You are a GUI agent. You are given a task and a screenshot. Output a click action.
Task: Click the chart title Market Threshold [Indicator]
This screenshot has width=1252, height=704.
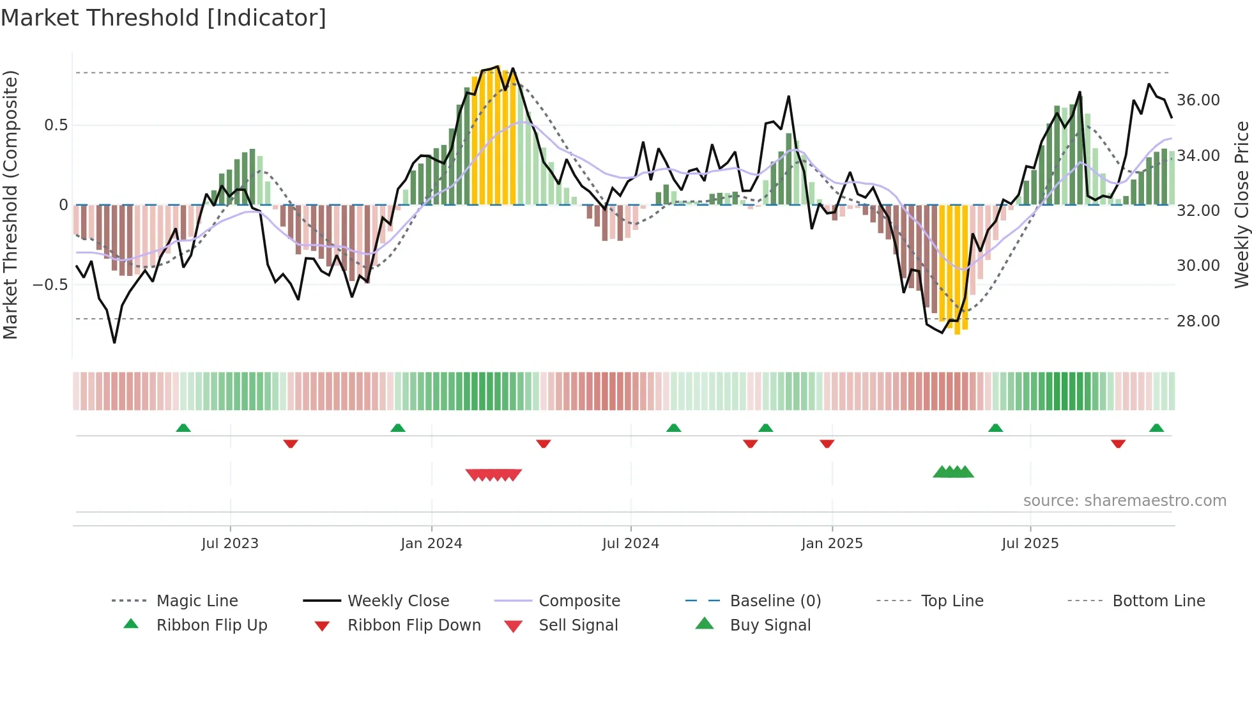[x=164, y=18]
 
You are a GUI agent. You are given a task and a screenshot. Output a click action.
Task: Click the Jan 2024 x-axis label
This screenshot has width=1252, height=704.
[x=431, y=544]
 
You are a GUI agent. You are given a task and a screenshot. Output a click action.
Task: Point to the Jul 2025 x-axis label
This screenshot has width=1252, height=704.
[x=1030, y=544]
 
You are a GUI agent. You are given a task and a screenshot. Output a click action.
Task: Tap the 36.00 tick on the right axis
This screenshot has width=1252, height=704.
[x=1198, y=100]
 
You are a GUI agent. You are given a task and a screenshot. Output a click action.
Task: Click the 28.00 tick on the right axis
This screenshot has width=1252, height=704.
[x=1198, y=321]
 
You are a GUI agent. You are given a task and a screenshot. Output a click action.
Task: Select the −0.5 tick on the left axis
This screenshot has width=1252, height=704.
[x=50, y=284]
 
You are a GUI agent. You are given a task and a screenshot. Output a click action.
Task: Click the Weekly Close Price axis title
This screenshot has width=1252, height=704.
[x=1241, y=204]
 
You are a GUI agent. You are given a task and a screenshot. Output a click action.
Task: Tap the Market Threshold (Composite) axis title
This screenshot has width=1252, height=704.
[x=10, y=204]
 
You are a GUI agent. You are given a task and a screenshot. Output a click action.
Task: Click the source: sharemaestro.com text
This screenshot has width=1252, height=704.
[x=1124, y=501]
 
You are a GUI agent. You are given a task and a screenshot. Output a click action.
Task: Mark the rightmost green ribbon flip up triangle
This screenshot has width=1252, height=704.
[x=1156, y=428]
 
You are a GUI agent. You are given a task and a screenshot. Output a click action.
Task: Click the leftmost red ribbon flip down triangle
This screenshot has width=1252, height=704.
[x=291, y=443]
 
